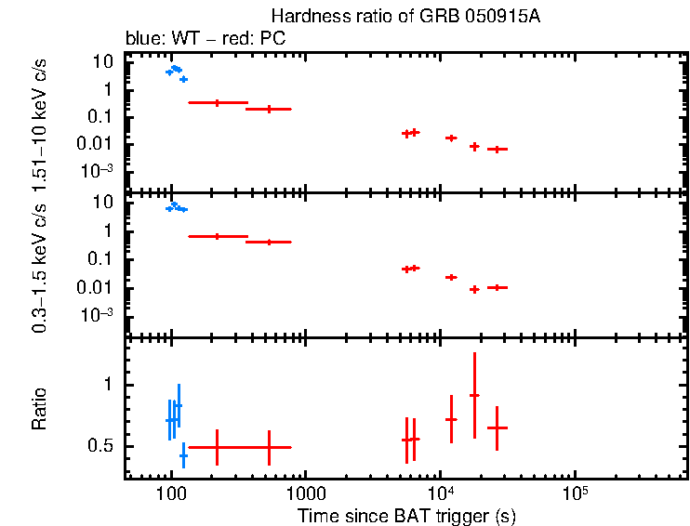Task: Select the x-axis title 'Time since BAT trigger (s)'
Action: point(406,516)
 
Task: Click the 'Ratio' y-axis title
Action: point(39,410)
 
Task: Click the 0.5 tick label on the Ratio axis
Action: point(100,447)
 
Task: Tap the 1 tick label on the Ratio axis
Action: point(108,385)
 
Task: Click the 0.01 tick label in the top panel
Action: point(97,143)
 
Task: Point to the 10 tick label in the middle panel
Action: point(103,202)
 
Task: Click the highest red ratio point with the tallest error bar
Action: point(474,396)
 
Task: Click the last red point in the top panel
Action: point(498,149)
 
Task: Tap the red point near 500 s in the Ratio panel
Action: point(269,447)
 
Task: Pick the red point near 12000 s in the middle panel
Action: point(451,277)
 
